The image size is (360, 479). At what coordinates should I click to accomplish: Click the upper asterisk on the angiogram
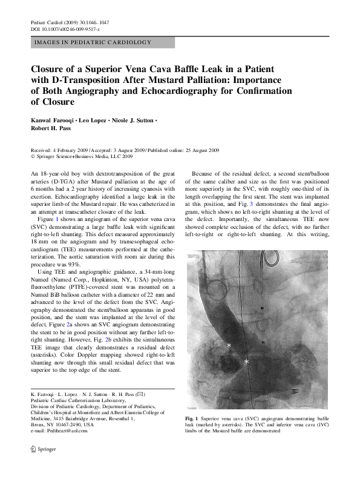pos(229,345)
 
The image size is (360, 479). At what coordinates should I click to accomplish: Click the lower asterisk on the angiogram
pos(246,362)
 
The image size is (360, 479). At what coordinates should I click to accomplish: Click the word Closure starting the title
pos(50,68)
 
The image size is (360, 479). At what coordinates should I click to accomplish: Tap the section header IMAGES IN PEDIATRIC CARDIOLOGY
pos(93,43)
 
